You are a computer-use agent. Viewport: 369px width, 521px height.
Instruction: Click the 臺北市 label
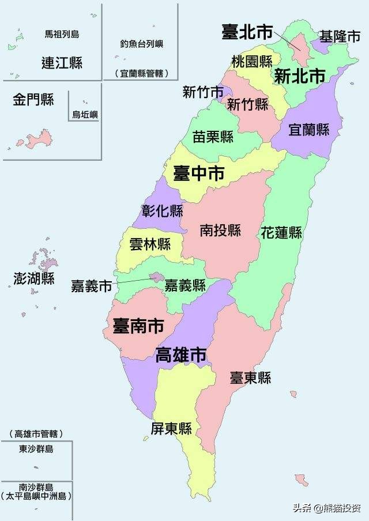point(247,33)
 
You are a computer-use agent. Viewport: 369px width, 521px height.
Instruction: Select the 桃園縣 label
point(251,61)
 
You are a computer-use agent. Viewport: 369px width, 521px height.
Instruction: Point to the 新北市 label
point(299,76)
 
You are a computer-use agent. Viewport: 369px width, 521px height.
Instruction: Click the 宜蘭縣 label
point(308,130)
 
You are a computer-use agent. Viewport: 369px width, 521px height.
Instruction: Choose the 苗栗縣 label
point(213,137)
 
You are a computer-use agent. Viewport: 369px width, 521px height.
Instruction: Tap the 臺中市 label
point(198,173)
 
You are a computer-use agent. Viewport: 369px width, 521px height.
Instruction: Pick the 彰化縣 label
point(162,211)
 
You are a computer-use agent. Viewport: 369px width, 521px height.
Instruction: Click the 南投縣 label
point(220,231)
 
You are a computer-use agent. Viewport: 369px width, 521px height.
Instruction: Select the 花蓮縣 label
point(281,233)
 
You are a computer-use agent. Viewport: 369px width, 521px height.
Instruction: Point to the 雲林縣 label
point(149,244)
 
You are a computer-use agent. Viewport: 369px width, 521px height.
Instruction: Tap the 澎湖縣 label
point(34,279)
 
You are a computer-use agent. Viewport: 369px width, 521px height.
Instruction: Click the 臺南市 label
point(138,326)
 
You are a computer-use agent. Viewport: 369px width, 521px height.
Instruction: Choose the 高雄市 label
point(181,355)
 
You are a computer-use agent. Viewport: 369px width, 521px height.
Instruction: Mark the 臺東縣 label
point(250,378)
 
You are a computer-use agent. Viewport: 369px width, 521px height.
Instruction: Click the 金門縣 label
point(33,100)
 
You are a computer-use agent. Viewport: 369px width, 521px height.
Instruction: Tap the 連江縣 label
point(62,63)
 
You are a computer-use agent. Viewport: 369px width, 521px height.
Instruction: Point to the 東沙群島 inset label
point(36,449)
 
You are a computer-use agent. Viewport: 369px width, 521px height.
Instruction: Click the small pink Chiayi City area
point(156,277)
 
